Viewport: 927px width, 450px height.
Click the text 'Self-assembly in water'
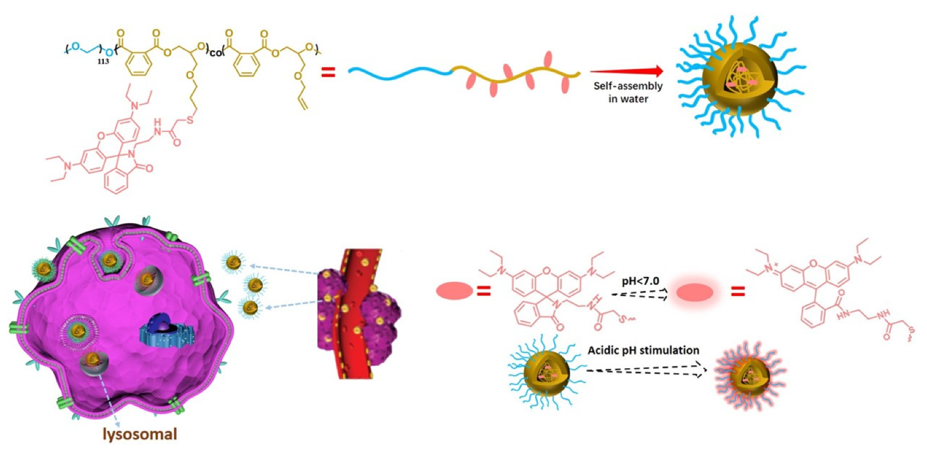(x=628, y=92)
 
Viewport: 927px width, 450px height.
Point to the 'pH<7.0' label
(x=640, y=281)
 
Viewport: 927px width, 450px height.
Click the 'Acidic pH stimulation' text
(x=643, y=350)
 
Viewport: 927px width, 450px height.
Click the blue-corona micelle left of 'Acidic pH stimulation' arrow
(x=546, y=373)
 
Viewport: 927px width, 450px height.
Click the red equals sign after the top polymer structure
(x=328, y=72)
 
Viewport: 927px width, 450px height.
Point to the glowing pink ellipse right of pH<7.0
(x=695, y=292)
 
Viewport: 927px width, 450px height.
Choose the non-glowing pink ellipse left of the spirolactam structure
(x=454, y=291)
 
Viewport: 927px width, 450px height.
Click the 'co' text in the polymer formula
(x=216, y=52)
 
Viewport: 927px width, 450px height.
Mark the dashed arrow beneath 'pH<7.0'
(x=639, y=294)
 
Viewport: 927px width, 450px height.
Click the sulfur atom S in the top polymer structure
(x=190, y=120)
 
